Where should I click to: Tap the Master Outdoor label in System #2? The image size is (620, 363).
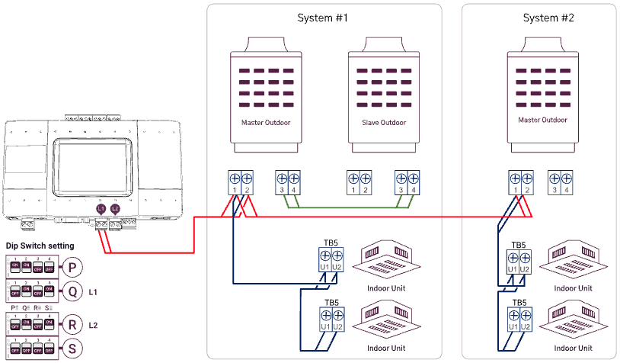coord(543,120)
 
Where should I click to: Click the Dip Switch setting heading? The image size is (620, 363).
coord(40,246)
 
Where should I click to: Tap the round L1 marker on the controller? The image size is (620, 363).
coord(101,208)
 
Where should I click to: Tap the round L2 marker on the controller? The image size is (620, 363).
coord(115,208)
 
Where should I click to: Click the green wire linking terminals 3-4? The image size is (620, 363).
coord(347,207)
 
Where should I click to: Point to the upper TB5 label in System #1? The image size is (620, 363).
coord(331,246)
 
